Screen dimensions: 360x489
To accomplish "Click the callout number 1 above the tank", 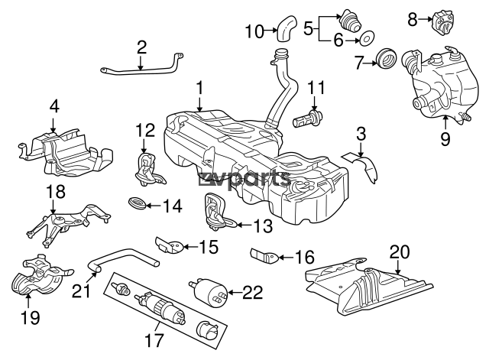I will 199,89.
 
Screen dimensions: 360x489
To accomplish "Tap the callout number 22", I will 254,290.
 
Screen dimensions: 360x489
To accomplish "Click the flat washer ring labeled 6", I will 366,37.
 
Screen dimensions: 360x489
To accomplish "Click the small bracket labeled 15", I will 170,246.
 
